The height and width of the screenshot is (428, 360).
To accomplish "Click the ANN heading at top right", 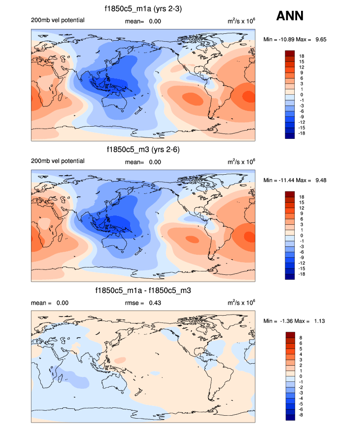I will (x=290, y=16).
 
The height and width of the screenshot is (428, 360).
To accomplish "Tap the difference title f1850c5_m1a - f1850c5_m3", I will (x=143, y=291).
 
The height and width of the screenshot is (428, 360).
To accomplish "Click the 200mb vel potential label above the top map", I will (x=57, y=20).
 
